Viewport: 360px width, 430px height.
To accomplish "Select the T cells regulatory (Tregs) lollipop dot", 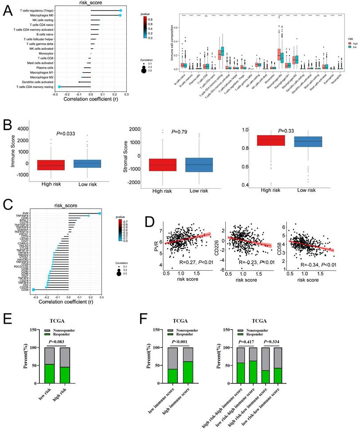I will point(121,10).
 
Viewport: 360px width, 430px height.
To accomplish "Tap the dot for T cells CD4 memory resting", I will point(59,87).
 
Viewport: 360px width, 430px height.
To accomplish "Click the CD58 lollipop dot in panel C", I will point(34,290).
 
